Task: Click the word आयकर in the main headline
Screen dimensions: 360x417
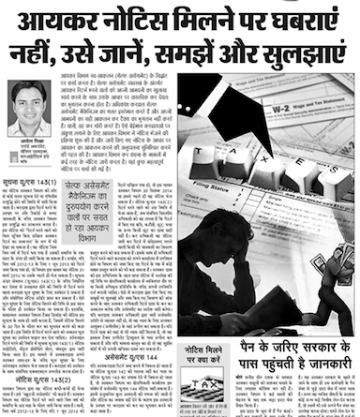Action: pyautogui.click(x=56, y=21)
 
